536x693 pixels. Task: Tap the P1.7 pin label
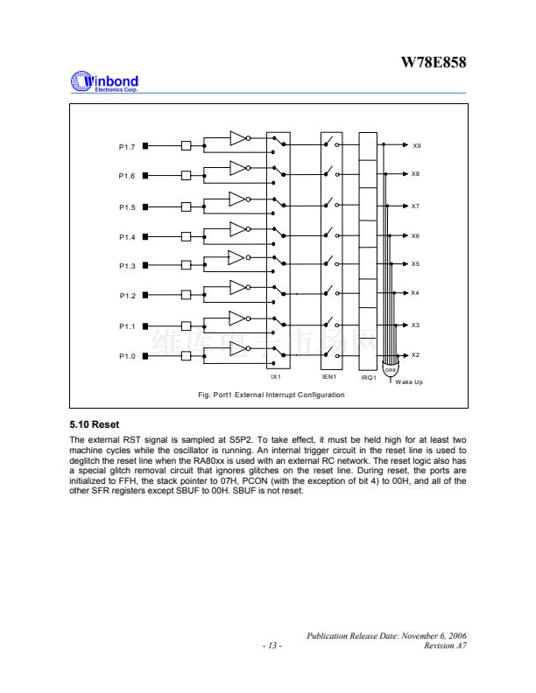(x=127, y=146)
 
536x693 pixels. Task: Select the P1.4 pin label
(x=127, y=237)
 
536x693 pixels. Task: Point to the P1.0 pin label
(x=127, y=356)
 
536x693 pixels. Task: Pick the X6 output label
(x=417, y=236)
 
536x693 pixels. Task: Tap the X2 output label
(x=417, y=355)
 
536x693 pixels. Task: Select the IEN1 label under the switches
(x=329, y=377)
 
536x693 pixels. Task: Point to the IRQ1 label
(x=369, y=378)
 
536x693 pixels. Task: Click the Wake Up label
(x=410, y=382)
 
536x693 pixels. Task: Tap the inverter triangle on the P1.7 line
(x=238, y=138)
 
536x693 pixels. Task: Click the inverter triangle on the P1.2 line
(x=238, y=287)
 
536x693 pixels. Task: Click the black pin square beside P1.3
(x=146, y=265)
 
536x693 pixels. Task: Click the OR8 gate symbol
(x=391, y=367)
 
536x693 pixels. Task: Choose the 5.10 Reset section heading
(x=93, y=425)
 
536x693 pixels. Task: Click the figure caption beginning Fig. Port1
(x=272, y=395)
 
